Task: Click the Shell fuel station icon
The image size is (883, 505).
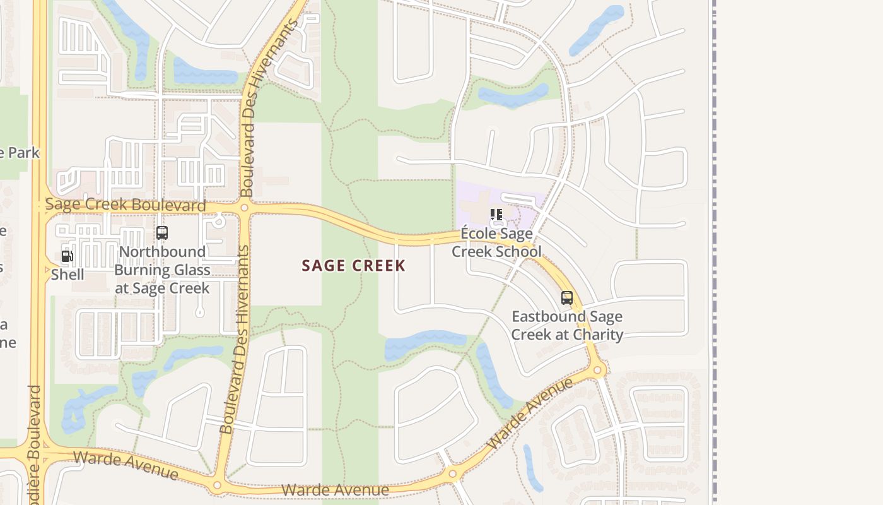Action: coord(67,256)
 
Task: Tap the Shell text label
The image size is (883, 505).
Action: coord(67,275)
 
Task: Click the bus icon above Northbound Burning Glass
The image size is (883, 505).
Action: coord(162,233)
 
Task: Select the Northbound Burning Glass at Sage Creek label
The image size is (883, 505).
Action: coord(162,270)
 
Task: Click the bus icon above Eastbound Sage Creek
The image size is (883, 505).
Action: coord(567,298)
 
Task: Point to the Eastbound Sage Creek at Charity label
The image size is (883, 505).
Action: coord(567,326)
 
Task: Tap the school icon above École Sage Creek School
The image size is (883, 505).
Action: coord(496,215)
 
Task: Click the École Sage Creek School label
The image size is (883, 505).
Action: coord(496,243)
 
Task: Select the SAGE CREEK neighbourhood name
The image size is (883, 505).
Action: coord(353,266)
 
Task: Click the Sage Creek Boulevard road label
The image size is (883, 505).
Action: coord(126,205)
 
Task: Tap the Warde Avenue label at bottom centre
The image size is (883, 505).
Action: coord(335,490)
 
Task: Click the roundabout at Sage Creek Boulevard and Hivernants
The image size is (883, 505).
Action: coord(244,207)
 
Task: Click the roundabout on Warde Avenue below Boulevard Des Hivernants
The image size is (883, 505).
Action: coord(217,485)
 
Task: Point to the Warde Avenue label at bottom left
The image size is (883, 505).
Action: coord(126,465)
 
